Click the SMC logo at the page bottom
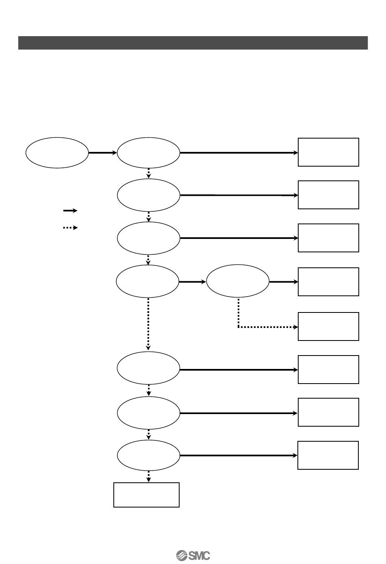[193, 555]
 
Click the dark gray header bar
[193, 43]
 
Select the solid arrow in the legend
[70, 210]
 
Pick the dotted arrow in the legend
[70, 228]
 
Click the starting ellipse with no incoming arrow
[57, 153]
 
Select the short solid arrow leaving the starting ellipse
[102, 153]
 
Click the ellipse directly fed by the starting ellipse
[148, 153]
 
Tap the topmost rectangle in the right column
[328, 152]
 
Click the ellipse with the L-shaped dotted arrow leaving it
[238, 282]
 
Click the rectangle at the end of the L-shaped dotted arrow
[328, 326]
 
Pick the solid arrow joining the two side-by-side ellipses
[192, 282]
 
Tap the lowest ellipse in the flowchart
[148, 456]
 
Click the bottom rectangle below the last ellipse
[146, 495]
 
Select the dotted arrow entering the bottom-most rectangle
[148, 477]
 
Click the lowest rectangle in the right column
[328, 455]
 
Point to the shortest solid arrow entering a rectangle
[283, 282]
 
